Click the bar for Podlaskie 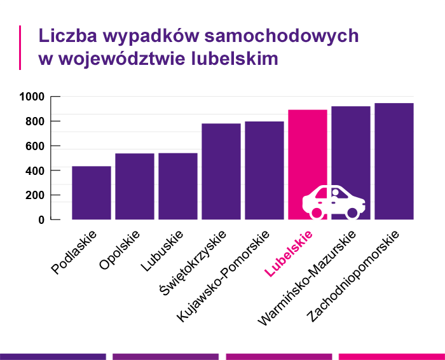coord(92,193)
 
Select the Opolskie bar coord(135,186)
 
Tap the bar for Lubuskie coord(178,186)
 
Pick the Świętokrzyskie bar coord(221,171)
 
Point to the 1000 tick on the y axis coord(31,97)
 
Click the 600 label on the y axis coord(34,146)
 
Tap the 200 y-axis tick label coord(34,195)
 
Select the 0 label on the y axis coord(41,220)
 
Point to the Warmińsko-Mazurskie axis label coord(308,277)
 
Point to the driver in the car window coord(336,193)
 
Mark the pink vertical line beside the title coord(21,47)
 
